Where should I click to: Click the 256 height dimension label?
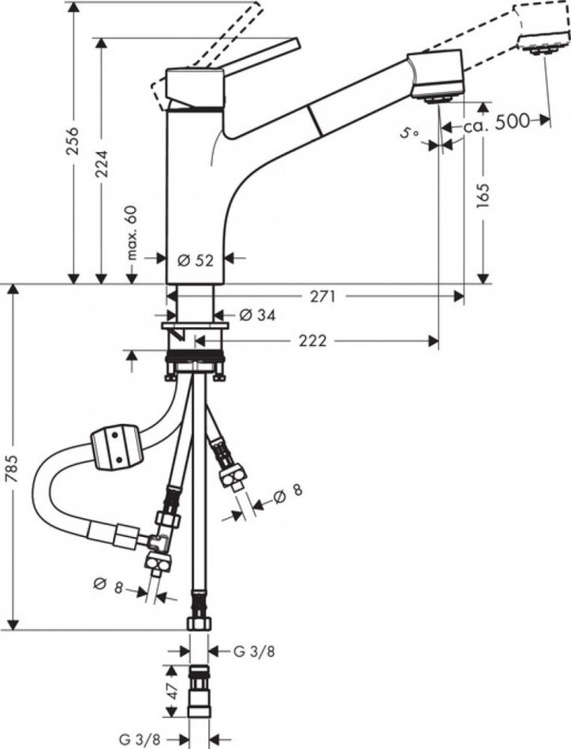tap(72, 141)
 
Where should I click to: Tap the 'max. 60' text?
tap(132, 232)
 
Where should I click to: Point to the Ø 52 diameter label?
tap(195, 260)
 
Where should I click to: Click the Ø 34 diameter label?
tap(257, 315)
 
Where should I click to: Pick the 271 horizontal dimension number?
tap(323, 296)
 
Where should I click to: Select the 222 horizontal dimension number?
tap(312, 341)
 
